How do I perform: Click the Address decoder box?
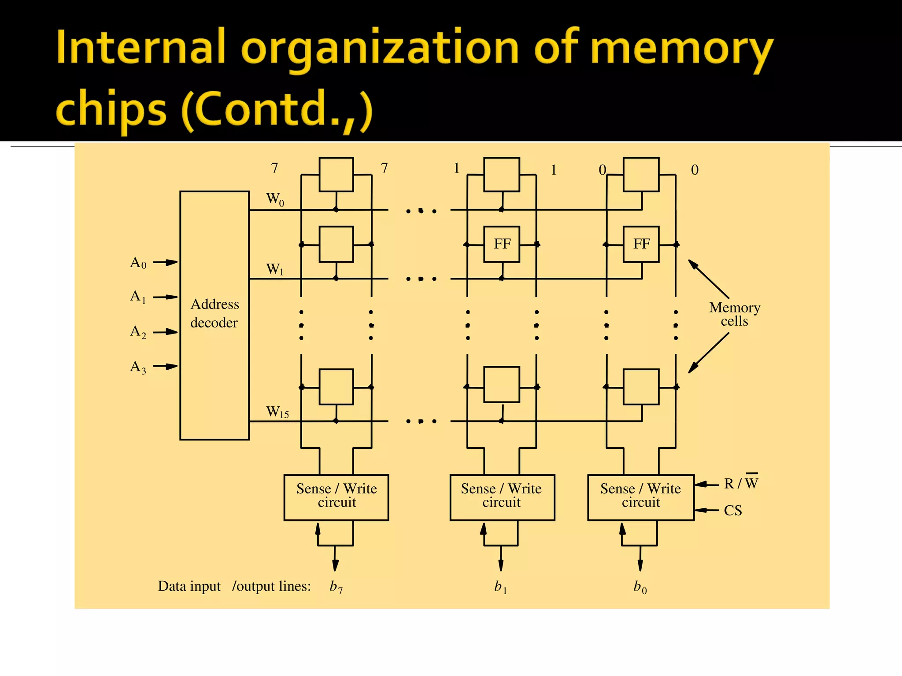click(x=214, y=315)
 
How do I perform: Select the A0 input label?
click(x=138, y=263)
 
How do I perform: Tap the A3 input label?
click(x=138, y=367)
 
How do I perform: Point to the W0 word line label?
click(x=275, y=199)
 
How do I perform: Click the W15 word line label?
click(x=277, y=412)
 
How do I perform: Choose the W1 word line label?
click(x=275, y=269)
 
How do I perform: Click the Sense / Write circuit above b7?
click(x=336, y=497)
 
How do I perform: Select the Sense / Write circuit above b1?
click(x=502, y=497)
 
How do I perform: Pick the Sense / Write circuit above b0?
click(x=641, y=497)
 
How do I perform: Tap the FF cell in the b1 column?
click(x=502, y=244)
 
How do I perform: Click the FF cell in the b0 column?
click(x=641, y=244)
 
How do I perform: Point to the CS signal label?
click(x=733, y=511)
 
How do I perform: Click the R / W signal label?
click(x=741, y=483)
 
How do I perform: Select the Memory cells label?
click(x=735, y=314)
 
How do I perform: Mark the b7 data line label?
click(x=336, y=587)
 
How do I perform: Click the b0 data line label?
click(x=640, y=587)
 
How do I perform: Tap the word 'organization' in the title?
click(x=380, y=49)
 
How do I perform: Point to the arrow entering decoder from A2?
click(x=166, y=332)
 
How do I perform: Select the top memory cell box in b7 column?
click(x=336, y=174)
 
